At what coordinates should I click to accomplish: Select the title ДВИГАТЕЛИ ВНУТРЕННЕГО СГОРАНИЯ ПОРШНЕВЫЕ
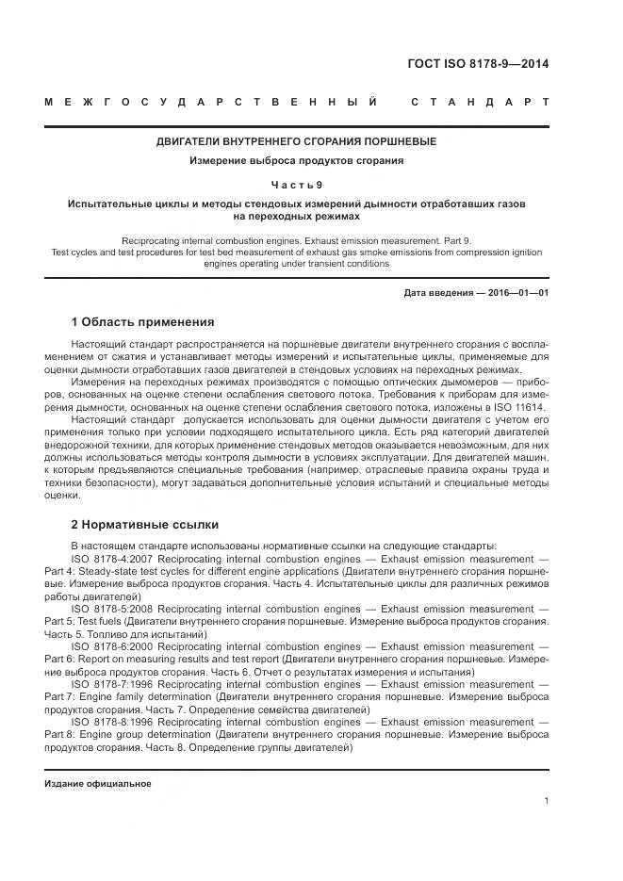[x=296, y=141]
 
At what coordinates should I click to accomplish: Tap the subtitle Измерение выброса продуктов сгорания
[x=296, y=161]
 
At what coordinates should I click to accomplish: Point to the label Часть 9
[x=296, y=185]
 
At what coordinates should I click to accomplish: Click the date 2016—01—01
[x=516, y=293]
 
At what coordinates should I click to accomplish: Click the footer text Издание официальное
[x=98, y=784]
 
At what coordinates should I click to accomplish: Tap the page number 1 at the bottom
[x=547, y=801]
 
